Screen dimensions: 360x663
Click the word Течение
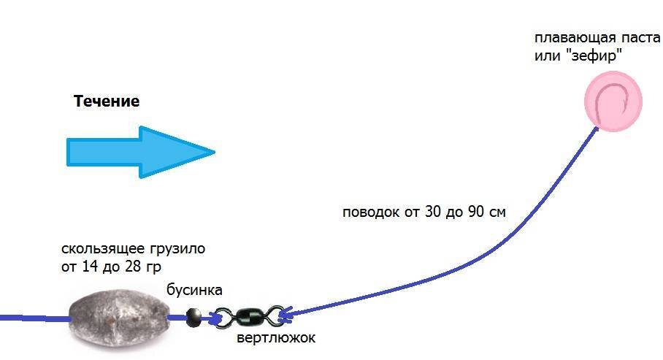[106, 102]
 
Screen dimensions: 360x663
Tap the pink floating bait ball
[612, 102]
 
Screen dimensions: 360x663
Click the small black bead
[193, 315]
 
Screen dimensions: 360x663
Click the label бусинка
[194, 291]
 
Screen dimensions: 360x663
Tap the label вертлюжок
[276, 340]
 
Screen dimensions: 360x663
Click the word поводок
[370, 212]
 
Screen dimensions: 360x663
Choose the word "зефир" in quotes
[595, 55]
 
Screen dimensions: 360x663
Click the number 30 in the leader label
[429, 212]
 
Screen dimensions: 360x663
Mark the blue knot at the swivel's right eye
[285, 315]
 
